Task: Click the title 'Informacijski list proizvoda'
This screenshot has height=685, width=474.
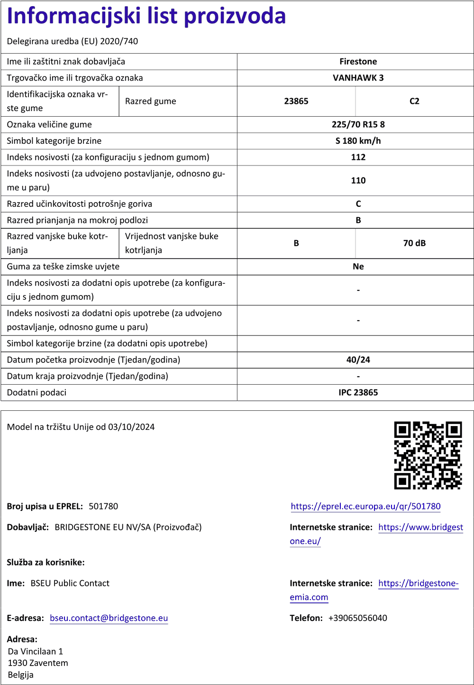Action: tap(146, 16)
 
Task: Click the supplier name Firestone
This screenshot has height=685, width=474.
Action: tap(358, 62)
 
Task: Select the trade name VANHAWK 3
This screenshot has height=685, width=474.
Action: tap(358, 78)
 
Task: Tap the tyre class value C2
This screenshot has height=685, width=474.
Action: tap(414, 101)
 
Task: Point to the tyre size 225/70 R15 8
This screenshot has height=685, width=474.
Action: tap(358, 124)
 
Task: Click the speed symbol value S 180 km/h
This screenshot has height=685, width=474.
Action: tap(358, 141)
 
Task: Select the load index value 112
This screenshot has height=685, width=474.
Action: tap(358, 157)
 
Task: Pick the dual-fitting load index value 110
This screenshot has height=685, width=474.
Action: tap(358, 180)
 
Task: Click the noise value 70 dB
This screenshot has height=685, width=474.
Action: tap(414, 243)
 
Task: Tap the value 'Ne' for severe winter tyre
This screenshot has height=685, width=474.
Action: tap(358, 267)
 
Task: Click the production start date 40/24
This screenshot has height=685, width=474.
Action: tap(358, 360)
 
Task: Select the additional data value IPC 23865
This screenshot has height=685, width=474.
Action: tap(358, 392)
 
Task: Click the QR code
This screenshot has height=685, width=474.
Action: tap(428, 455)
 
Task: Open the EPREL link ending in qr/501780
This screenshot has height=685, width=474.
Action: tap(365, 506)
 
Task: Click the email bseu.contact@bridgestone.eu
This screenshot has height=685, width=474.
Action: tap(109, 618)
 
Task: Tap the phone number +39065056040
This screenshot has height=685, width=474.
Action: tap(357, 618)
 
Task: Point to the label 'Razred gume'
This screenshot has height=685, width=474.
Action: tap(150, 101)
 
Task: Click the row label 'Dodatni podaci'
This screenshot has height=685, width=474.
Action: tap(36, 392)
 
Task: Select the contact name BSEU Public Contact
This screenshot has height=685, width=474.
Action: tap(70, 583)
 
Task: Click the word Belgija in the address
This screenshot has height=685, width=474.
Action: tap(21, 675)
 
